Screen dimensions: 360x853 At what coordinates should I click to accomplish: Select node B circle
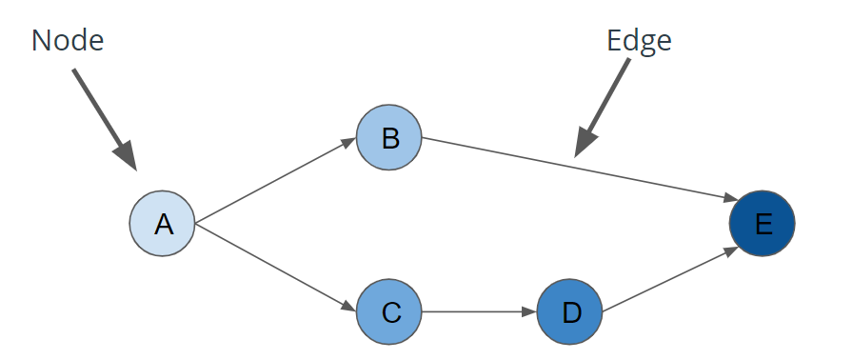389,138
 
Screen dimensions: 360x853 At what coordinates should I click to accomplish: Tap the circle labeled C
389,311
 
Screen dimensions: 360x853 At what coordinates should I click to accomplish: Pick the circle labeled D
570,311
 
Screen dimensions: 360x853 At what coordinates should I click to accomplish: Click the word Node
67,40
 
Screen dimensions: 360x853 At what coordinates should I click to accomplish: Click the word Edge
639,40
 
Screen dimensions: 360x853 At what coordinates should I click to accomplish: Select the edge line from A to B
271,182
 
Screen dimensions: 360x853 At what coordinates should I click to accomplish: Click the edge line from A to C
271,266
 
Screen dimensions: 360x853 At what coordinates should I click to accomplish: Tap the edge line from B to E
571,168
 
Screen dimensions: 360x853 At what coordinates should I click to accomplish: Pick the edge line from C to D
471,311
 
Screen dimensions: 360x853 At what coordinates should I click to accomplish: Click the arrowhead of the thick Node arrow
125,154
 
